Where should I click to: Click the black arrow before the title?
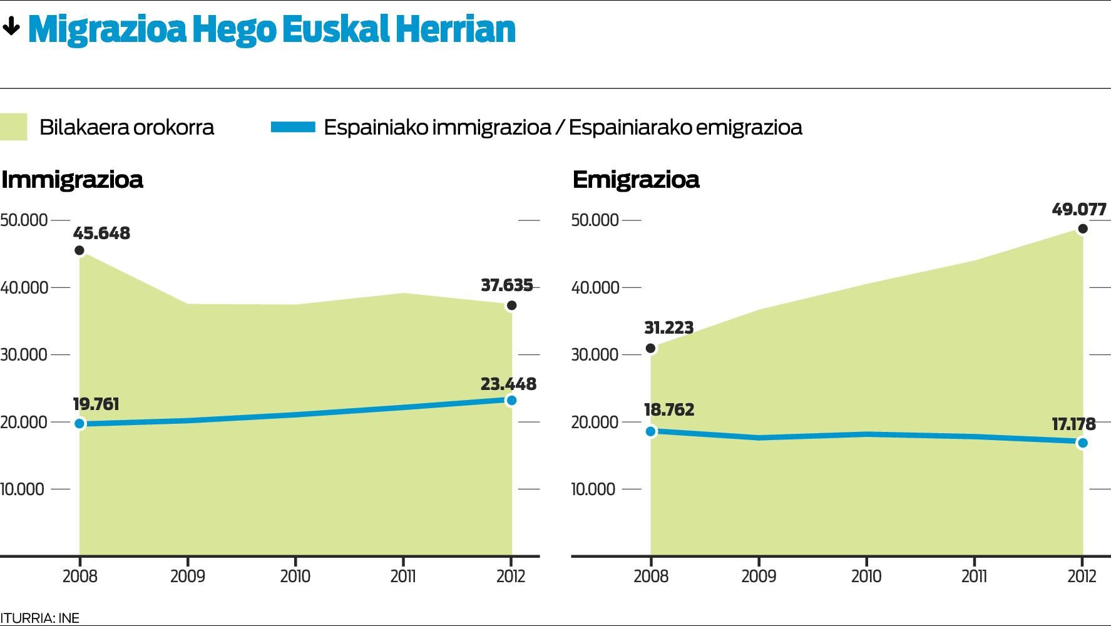pyautogui.click(x=11, y=27)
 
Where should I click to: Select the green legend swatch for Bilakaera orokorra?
pyautogui.click(x=14, y=127)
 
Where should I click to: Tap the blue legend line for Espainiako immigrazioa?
pyautogui.click(x=293, y=127)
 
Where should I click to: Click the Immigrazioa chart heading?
pyautogui.click(x=72, y=180)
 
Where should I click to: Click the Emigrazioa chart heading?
pyautogui.click(x=635, y=180)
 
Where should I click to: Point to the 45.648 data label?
pyautogui.click(x=101, y=233)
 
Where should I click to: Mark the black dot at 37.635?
pyautogui.click(x=511, y=305)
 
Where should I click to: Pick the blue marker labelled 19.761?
pyautogui.click(x=79, y=424)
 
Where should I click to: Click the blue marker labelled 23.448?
pyautogui.click(x=511, y=400)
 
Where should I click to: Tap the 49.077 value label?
pyautogui.click(x=1079, y=209)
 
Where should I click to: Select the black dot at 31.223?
pyautogui.click(x=650, y=348)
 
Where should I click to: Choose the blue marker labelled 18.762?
pyautogui.click(x=650, y=431)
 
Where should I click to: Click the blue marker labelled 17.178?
pyautogui.click(x=1082, y=443)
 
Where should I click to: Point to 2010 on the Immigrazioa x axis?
pyautogui.click(x=295, y=576)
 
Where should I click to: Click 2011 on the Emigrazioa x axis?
pyautogui.click(x=974, y=576)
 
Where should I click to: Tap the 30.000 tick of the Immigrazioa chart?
pyautogui.click(x=24, y=355)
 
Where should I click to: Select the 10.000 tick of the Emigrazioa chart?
pyautogui.click(x=593, y=489)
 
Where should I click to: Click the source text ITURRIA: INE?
pyautogui.click(x=40, y=618)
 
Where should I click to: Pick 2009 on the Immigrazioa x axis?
pyautogui.click(x=187, y=576)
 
